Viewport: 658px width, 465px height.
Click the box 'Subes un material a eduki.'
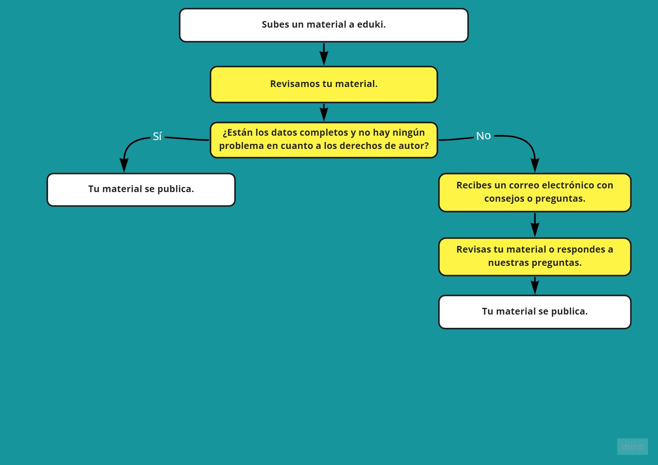tap(324, 25)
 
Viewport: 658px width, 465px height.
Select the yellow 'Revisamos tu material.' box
tap(324, 84)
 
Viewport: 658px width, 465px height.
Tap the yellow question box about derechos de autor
tap(324, 140)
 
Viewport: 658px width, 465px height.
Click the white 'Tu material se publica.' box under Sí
tap(141, 190)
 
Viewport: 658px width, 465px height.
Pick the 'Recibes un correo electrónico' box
tap(535, 192)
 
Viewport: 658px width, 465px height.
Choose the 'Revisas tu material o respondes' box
tap(535, 257)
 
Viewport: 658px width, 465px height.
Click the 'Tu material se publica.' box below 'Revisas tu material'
tap(535, 312)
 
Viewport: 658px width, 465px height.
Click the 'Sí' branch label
tap(157, 136)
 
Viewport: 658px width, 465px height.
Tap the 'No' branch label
tap(483, 136)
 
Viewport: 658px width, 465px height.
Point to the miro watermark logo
tap(632, 447)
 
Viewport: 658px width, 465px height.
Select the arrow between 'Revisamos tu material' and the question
tap(324, 112)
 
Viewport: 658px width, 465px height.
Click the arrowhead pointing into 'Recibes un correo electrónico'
tap(535, 165)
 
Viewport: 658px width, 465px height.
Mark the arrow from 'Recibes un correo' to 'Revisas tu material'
tap(535, 225)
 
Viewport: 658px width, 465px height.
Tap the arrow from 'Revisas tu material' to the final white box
tap(535, 285)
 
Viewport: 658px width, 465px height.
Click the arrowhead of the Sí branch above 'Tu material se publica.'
tap(124, 165)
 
